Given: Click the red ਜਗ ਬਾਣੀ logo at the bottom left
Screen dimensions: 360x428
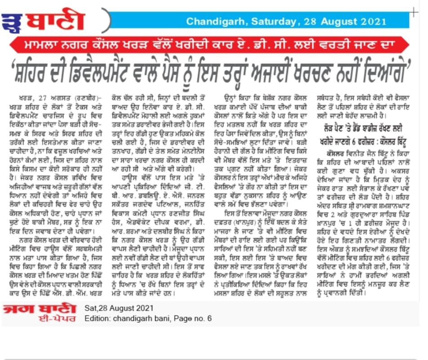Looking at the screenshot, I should coord(40,309).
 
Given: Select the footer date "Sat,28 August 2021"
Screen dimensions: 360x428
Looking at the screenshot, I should coord(119,308).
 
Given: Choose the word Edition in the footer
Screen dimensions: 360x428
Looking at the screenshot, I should coord(97,319).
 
